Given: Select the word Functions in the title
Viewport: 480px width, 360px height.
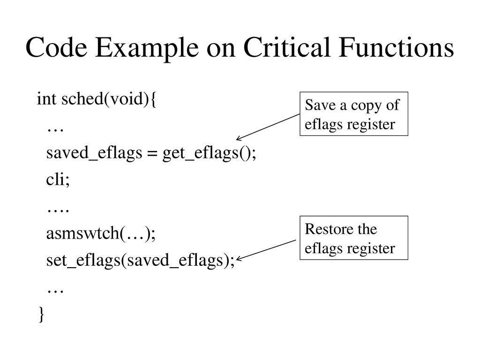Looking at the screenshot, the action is point(396,47).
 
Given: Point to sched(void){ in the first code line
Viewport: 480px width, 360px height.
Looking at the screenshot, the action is point(109,99).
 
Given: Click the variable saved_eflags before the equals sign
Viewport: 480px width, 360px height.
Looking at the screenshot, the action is point(94,153).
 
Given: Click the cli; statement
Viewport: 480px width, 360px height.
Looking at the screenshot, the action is point(58,179).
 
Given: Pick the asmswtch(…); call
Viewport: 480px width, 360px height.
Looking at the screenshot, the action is point(101,233).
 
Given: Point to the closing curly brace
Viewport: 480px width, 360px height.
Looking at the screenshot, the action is point(42,314).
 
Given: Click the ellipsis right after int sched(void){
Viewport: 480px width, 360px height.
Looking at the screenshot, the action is point(55,130).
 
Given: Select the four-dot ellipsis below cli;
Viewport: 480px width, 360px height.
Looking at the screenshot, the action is point(58,211).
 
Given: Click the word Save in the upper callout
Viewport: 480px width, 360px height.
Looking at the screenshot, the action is point(320,105).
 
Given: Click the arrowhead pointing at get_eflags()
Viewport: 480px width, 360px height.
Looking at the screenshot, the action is point(239,139).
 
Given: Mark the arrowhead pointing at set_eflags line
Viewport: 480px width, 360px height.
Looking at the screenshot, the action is point(239,259).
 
